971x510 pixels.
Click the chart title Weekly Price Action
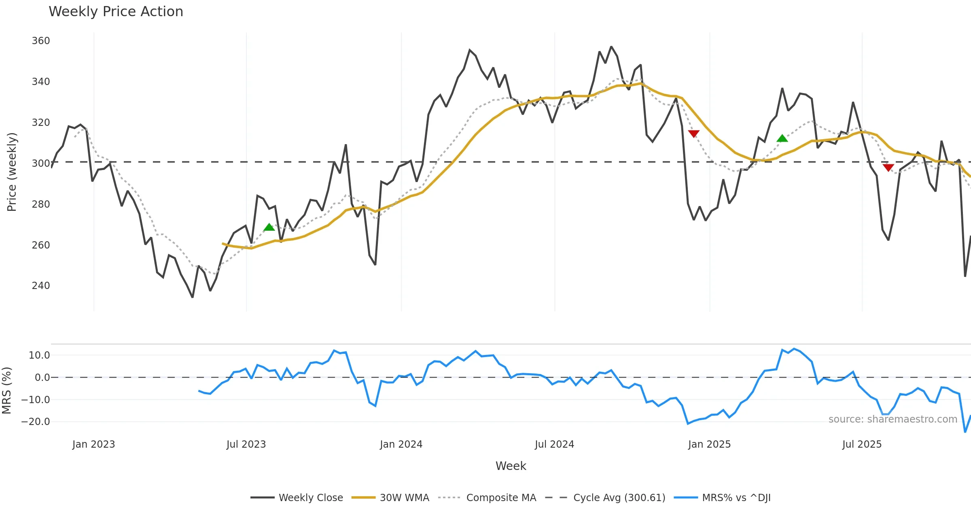pos(116,12)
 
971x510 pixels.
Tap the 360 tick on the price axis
pos(41,41)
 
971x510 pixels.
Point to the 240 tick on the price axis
pos(41,286)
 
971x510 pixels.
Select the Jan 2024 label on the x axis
pos(401,444)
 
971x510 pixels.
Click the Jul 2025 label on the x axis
pos(862,444)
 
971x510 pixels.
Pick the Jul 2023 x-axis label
pos(246,444)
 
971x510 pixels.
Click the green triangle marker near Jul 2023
pos(269,227)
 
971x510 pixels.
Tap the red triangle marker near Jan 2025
pos(693,134)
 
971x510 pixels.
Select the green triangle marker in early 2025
pos(782,138)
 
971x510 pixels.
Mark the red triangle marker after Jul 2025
pos(888,168)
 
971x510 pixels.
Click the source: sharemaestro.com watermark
pos(893,419)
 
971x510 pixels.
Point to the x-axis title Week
pos(511,466)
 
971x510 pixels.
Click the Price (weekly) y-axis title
pos(12,172)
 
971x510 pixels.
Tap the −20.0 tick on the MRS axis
pos(36,422)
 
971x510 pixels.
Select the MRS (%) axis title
pos(7,390)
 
